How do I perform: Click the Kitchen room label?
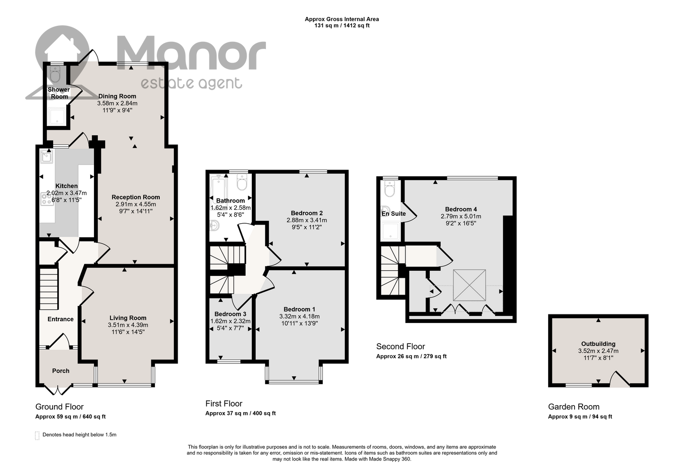(x=67, y=186)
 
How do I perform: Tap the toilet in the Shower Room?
(x=55, y=74)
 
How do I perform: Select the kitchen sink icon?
(x=47, y=157)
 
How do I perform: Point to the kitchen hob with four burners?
(x=47, y=199)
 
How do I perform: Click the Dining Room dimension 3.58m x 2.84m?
(x=117, y=103)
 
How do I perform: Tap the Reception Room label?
(x=136, y=197)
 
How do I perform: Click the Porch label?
(x=61, y=371)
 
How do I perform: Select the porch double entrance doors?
(x=58, y=390)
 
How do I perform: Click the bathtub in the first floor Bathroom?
(x=218, y=189)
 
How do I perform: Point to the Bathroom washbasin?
(x=215, y=226)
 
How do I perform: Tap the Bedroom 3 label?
(x=230, y=314)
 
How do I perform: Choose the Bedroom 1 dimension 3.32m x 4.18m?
(x=300, y=316)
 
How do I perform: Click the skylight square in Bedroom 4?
(x=469, y=285)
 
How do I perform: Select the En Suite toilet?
(x=389, y=188)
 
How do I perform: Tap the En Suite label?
(x=394, y=213)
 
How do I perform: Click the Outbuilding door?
(x=620, y=379)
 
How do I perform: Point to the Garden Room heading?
(x=574, y=407)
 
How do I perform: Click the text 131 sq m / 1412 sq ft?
(x=342, y=26)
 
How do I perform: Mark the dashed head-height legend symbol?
(x=37, y=436)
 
